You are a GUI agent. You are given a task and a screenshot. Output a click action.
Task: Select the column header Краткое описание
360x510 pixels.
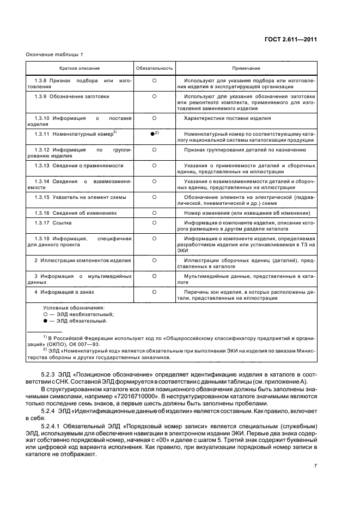click(x=79, y=69)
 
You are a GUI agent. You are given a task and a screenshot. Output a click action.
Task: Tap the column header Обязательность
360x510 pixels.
click(x=154, y=69)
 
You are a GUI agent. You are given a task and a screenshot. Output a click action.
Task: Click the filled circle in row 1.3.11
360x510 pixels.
click(x=152, y=133)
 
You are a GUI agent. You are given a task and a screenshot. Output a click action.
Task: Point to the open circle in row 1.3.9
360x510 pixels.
click(x=154, y=96)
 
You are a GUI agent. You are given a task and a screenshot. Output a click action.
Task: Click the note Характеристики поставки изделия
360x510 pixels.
click(x=228, y=118)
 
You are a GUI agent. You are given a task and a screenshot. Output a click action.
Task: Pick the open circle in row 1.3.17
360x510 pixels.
click(x=154, y=223)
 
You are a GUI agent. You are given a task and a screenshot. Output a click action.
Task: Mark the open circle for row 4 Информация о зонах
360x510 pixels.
click(x=154, y=292)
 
